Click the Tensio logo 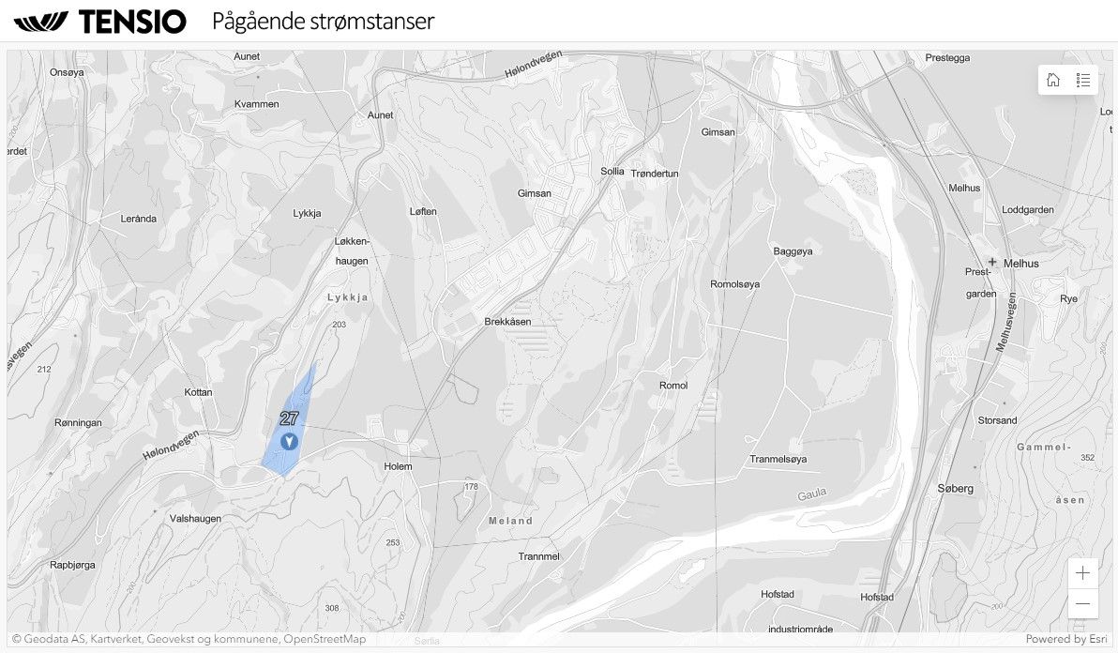point(99,22)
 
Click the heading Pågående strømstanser point(324,21)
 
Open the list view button point(1083,80)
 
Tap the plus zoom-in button point(1083,573)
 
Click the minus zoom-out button point(1083,603)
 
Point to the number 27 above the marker point(288,418)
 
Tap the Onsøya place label point(67,72)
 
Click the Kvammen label point(257,104)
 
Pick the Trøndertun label point(655,174)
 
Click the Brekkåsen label point(507,322)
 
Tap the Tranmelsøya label point(778,459)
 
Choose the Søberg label point(956,489)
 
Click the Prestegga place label point(947,57)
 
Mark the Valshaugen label point(195,519)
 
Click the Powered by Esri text point(1068,639)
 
